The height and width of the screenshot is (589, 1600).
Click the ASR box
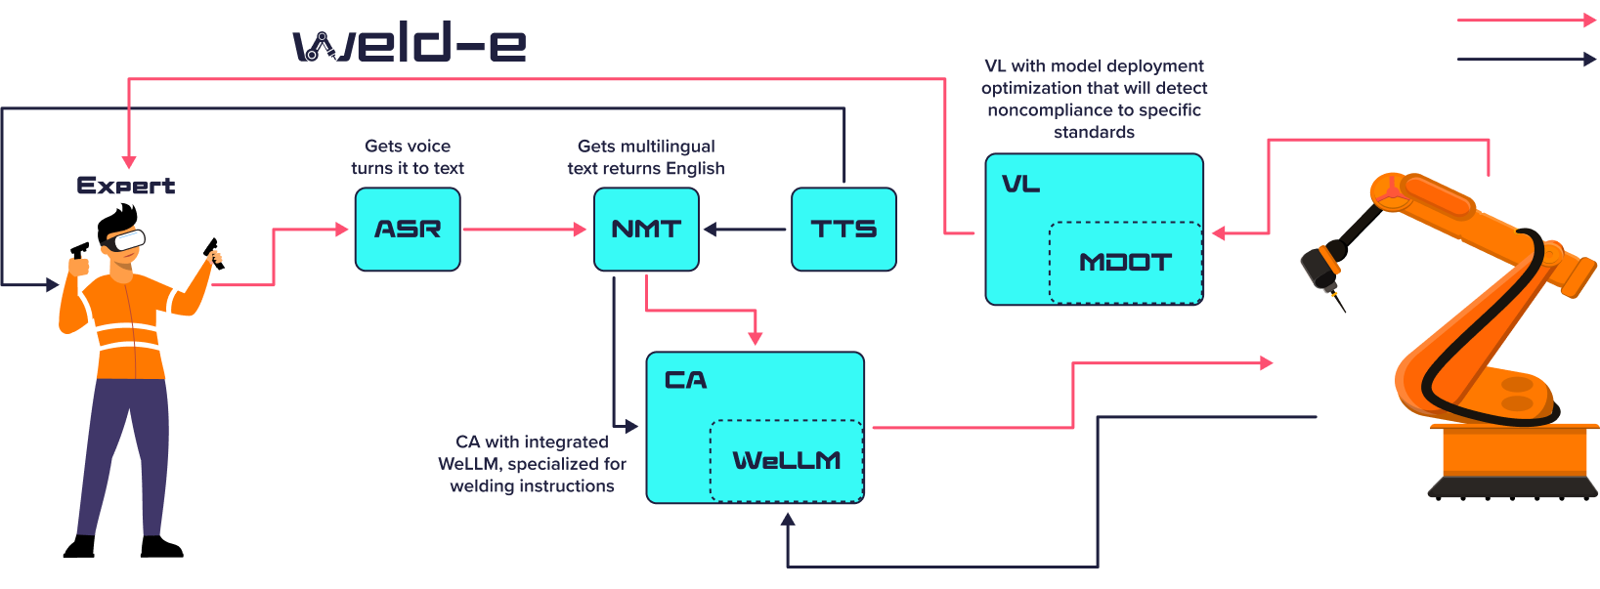click(408, 230)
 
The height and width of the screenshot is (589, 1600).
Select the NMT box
click(646, 230)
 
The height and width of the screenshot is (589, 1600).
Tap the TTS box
click(843, 230)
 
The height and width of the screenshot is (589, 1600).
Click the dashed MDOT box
click(1125, 263)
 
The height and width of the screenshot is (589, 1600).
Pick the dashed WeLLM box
click(786, 460)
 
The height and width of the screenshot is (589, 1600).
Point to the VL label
click(1020, 185)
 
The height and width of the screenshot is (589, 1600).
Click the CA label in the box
click(685, 380)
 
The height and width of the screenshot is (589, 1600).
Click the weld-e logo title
click(410, 45)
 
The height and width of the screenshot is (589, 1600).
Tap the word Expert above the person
click(126, 186)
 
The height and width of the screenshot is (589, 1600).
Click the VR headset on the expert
click(126, 239)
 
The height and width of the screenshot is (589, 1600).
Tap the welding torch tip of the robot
click(1340, 306)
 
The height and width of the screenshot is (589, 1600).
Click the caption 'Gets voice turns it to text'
click(408, 157)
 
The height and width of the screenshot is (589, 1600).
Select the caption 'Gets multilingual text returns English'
click(646, 157)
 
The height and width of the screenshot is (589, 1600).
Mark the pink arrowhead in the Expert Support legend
click(1589, 20)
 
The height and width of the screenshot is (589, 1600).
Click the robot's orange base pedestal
click(1515, 459)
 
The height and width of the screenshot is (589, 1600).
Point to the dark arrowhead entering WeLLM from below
click(788, 519)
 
